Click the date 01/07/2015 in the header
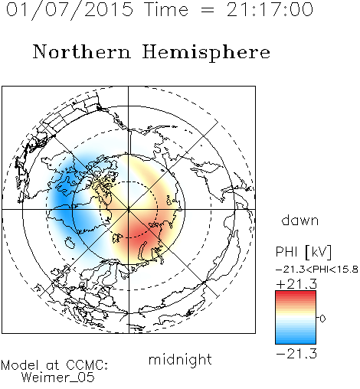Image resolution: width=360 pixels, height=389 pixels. point(70,10)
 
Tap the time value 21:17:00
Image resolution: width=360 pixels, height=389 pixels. point(270,9)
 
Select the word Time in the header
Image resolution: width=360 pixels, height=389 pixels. point(166,9)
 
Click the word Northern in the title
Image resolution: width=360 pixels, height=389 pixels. point(81,52)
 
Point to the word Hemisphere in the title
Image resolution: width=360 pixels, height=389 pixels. point(206,53)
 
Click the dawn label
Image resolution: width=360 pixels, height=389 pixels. point(299,220)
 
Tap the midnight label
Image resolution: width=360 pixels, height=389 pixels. point(180,359)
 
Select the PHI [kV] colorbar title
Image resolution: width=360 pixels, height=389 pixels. point(303,252)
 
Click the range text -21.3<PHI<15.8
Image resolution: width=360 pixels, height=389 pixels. point(317,270)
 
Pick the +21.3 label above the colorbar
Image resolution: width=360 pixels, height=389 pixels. point(296,284)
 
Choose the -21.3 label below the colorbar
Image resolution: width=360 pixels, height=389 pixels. point(296,354)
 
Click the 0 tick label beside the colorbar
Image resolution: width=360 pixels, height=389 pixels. point(322,319)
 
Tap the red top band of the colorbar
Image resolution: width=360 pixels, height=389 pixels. point(296,293)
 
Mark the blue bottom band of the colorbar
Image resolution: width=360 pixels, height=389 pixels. point(296,341)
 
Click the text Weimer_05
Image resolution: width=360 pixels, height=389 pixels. point(58,377)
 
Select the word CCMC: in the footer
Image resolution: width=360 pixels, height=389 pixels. point(87,365)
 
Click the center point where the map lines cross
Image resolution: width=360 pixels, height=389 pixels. point(129,209)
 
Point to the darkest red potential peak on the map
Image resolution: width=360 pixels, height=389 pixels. point(140,234)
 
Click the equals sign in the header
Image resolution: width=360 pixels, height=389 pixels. point(208,10)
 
